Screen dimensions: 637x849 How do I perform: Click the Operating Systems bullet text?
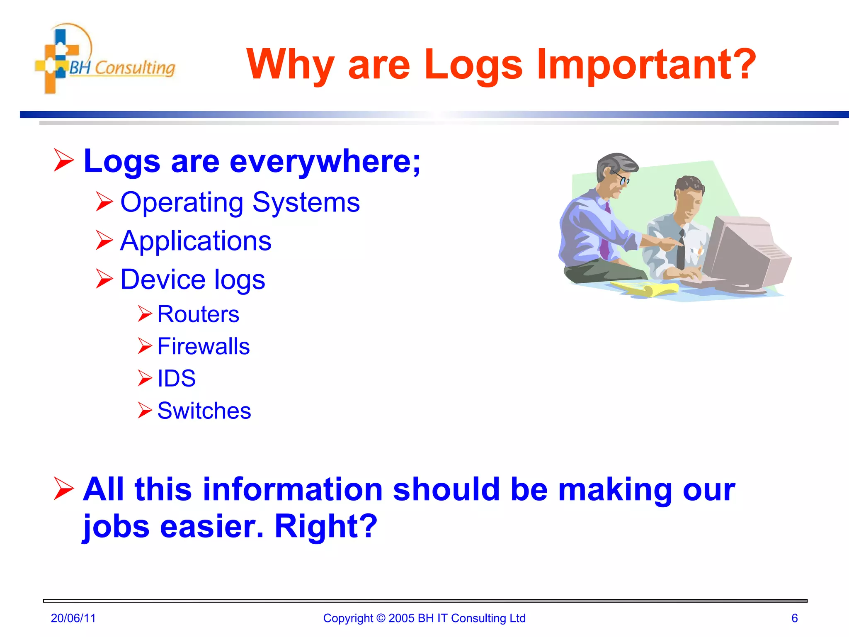tap(240, 202)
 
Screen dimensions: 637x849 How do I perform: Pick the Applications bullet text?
tap(196, 241)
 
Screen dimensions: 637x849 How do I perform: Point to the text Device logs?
tap(192, 280)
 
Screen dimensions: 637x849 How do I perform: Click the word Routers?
tap(198, 314)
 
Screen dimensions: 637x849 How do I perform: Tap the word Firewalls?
tap(204, 346)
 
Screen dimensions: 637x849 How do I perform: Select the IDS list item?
tap(176, 378)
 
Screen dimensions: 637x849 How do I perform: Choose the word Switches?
tap(204, 411)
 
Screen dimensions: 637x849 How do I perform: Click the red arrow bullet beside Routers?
tap(145, 314)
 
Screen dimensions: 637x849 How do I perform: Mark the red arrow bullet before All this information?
tap(64, 489)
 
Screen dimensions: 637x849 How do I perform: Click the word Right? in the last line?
tap(326, 526)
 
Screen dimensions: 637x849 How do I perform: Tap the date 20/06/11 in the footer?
tap(73, 618)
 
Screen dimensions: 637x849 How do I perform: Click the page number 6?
tap(794, 618)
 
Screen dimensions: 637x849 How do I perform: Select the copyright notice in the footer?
tap(424, 618)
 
